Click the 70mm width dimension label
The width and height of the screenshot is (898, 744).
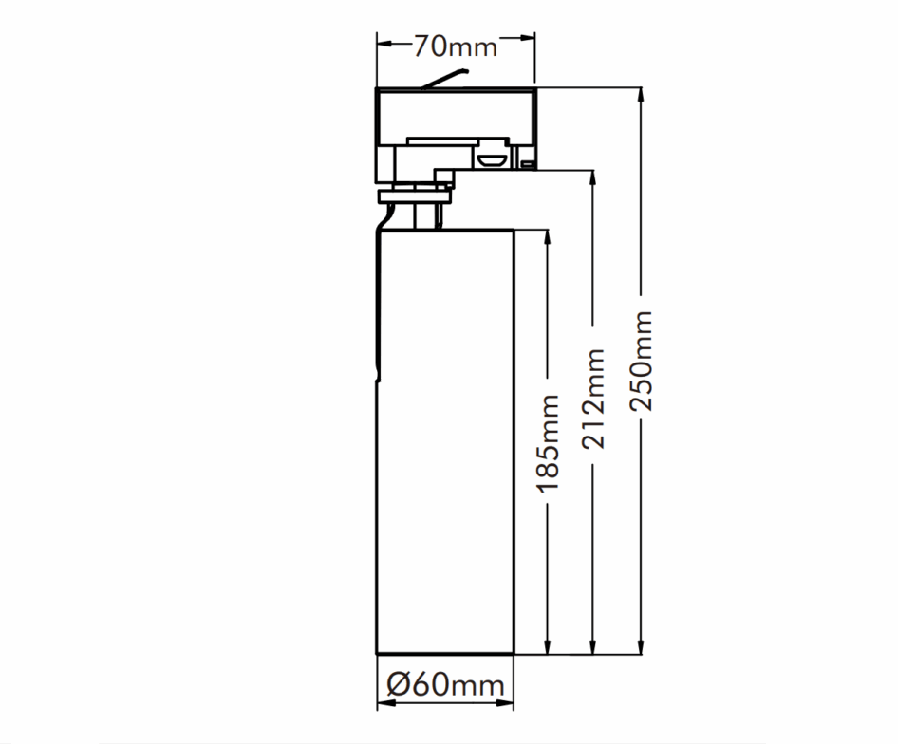click(x=456, y=46)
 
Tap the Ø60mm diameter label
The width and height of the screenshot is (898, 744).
click(x=445, y=684)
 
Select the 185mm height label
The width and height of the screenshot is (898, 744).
click(x=547, y=443)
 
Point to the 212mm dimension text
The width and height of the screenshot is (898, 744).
click(x=592, y=398)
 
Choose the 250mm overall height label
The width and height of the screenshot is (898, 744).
click(x=641, y=361)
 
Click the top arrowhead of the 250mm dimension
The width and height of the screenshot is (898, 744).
click(x=641, y=96)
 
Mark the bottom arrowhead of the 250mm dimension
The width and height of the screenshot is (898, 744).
click(x=641, y=645)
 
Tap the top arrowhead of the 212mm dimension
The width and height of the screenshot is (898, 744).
click(x=593, y=178)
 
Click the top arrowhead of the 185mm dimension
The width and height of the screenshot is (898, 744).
click(x=548, y=238)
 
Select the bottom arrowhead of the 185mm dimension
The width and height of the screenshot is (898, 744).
click(x=548, y=645)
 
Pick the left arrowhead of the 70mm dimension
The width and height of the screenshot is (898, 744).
click(x=385, y=44)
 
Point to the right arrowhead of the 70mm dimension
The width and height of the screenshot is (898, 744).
click(x=526, y=38)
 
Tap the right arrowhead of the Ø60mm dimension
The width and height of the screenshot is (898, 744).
click(x=505, y=702)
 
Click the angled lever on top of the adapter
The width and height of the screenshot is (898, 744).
click(x=445, y=79)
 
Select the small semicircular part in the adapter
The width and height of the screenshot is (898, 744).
click(x=493, y=159)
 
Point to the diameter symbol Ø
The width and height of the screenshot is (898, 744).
click(x=400, y=684)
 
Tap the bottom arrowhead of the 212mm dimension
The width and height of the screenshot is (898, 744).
click(x=593, y=645)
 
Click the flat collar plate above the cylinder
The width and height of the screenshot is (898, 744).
click(x=415, y=197)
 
